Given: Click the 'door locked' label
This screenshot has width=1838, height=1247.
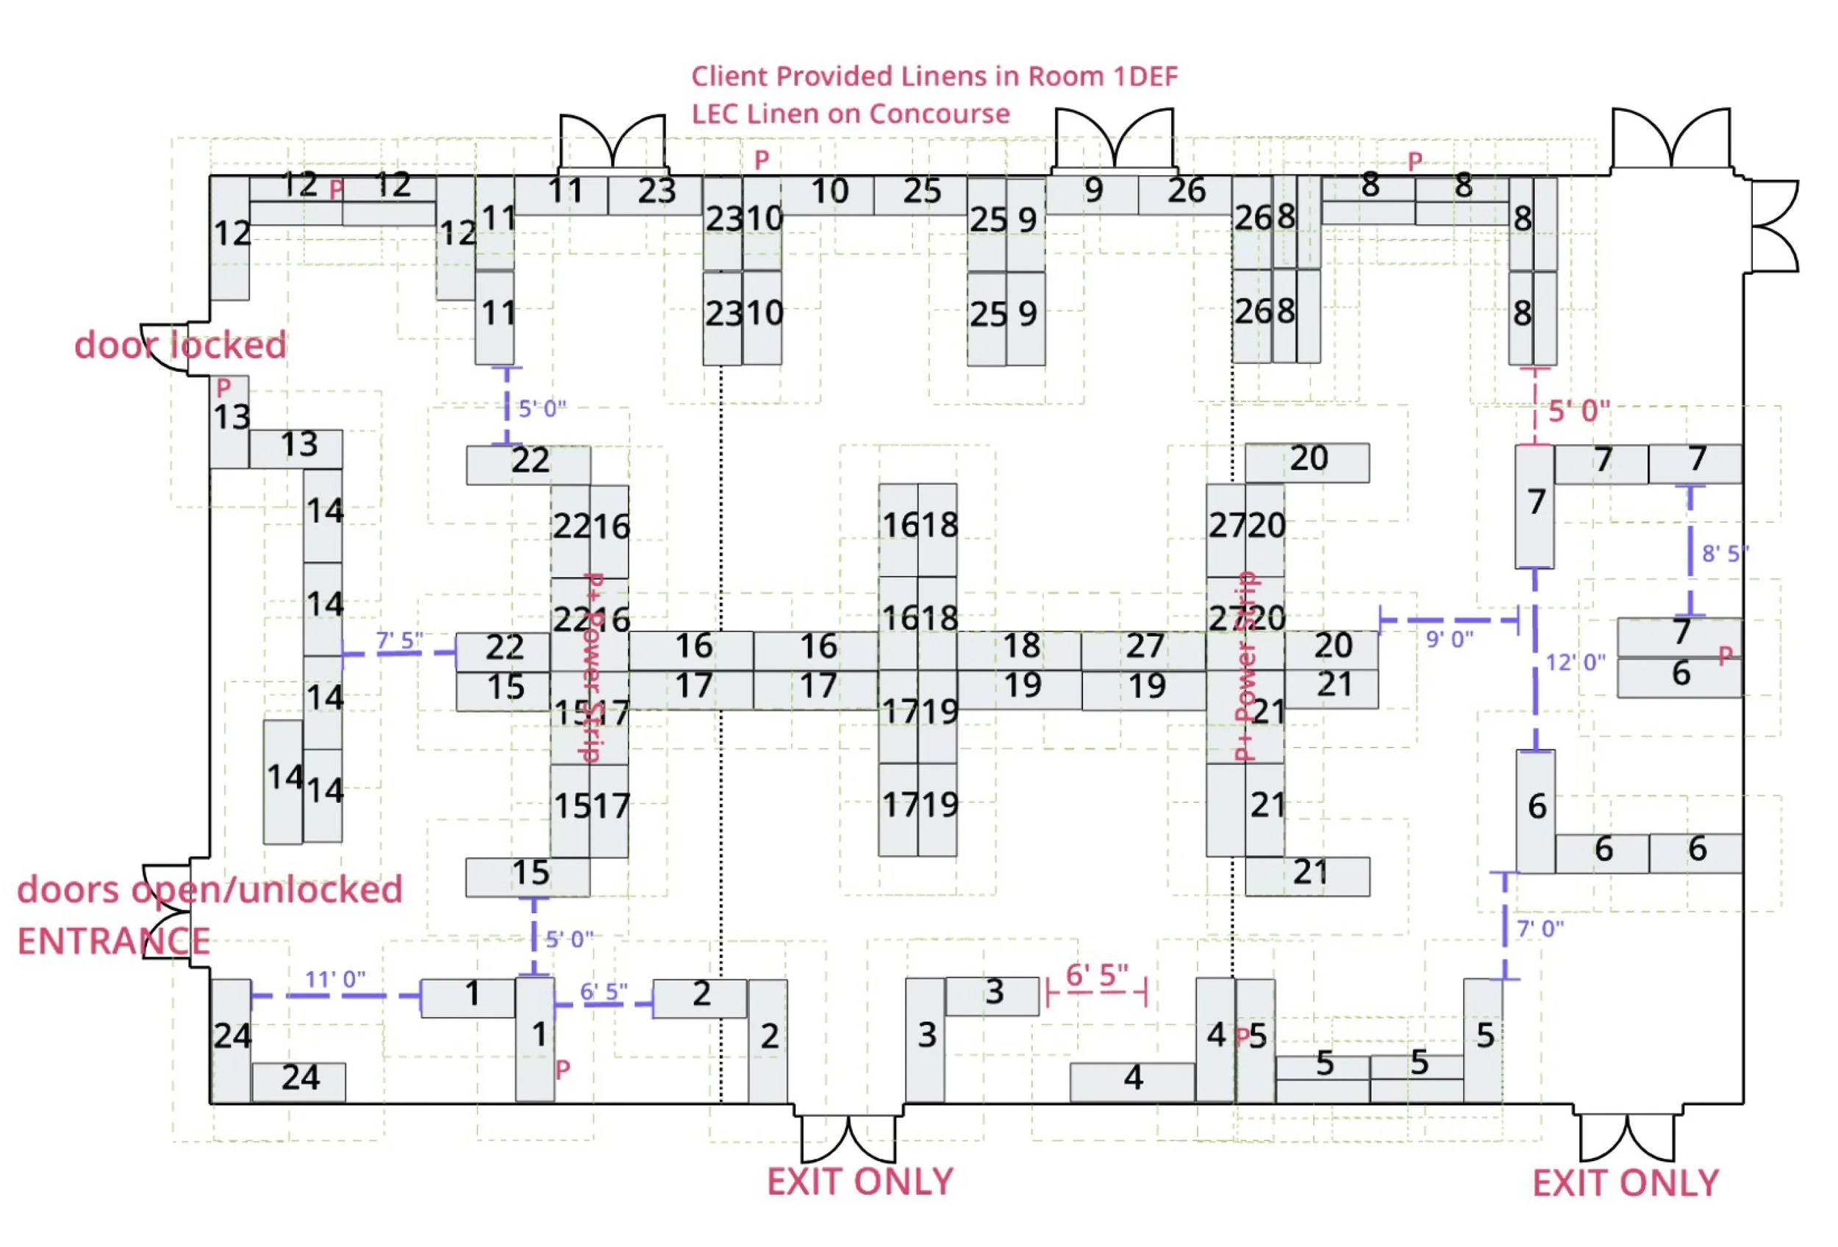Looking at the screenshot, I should [x=179, y=346].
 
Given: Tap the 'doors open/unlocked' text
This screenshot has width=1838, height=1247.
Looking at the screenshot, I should [x=210, y=890].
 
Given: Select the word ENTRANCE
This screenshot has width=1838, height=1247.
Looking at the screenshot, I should [x=114, y=941].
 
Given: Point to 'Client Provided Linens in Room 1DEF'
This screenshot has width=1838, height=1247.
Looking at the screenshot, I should [x=934, y=76].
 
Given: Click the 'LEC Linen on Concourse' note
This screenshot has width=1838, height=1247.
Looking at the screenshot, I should [x=850, y=114].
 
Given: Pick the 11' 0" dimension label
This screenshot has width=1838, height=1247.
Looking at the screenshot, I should [x=335, y=979].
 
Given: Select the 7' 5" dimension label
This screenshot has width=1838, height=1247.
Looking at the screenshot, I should [x=399, y=640].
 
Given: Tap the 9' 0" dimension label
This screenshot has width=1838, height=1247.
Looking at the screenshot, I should [x=1449, y=639].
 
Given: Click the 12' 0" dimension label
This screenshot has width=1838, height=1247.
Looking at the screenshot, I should [x=1576, y=662].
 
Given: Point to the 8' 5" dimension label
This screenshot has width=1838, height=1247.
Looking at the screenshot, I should [x=1724, y=554].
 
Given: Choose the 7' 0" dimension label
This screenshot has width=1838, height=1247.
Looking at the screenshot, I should [x=1540, y=929].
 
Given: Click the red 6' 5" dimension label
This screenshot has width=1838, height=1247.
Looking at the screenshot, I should [x=1097, y=976].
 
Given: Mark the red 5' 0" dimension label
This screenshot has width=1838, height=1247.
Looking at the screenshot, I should [x=1578, y=411].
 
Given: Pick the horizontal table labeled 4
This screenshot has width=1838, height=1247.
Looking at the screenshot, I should [x=1131, y=1080].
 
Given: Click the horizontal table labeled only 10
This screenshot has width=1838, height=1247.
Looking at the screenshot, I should [x=828, y=193].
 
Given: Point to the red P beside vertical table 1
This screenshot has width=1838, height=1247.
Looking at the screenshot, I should [x=562, y=1070].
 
